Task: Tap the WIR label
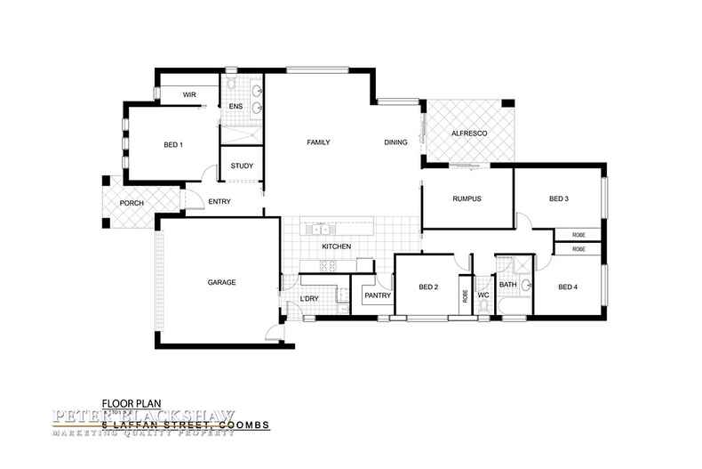[189, 94]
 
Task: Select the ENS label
[235, 107]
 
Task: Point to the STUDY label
[242, 166]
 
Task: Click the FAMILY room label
[319, 142]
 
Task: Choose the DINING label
[395, 142]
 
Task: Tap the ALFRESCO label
[467, 132]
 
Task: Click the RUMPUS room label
[467, 198]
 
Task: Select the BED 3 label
[558, 198]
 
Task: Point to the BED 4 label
[569, 287]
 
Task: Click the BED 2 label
[428, 287]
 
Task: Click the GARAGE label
[221, 282]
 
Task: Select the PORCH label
[132, 202]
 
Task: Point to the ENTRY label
[219, 202]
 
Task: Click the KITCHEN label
[337, 247]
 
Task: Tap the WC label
[483, 295]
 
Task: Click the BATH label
[507, 285]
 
